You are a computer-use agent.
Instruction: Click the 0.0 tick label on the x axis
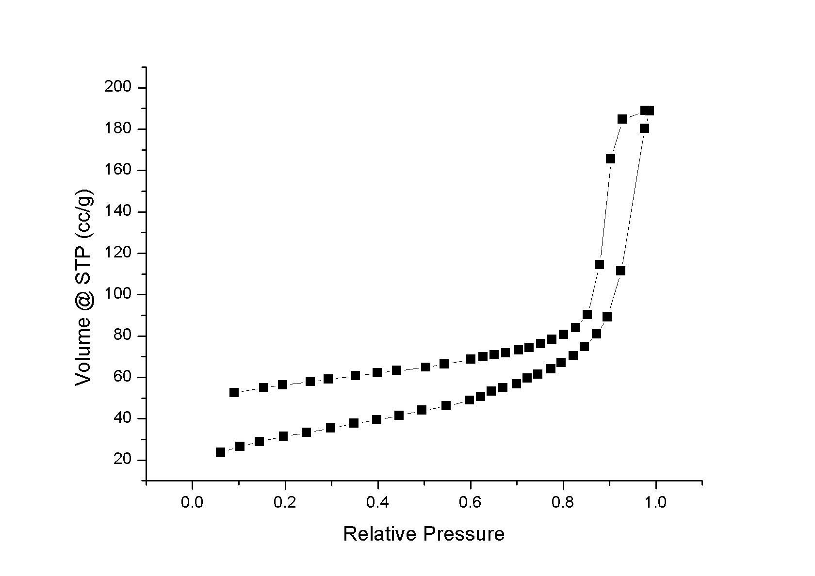192,501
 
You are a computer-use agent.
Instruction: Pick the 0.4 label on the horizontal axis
377,501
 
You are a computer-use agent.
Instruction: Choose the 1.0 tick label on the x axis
656,501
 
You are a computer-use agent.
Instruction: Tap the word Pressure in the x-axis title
464,534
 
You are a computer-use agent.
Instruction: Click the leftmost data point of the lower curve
220,452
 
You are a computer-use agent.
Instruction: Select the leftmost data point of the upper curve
234,392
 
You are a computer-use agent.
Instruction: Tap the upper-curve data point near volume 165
610,159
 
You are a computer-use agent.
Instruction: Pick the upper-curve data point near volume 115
599,264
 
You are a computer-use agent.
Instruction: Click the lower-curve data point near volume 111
620,271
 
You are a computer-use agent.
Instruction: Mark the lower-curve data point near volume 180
644,128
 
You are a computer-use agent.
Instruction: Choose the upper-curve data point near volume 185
622,119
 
